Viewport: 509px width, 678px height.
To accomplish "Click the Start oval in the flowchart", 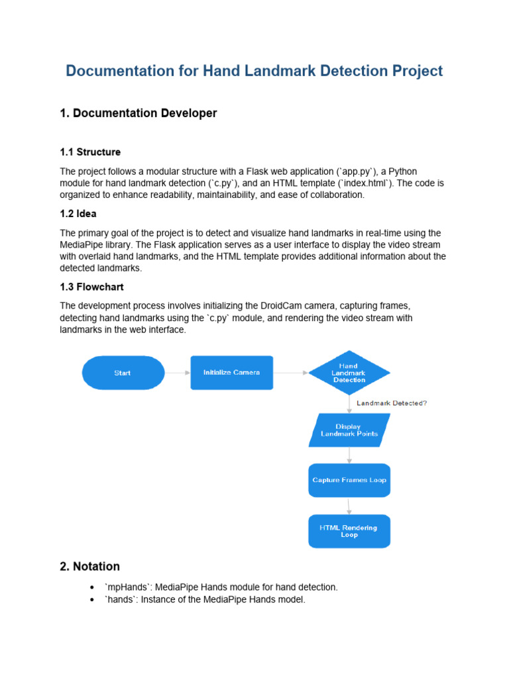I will click(123, 373).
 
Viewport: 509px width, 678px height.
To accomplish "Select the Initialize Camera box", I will click(231, 373).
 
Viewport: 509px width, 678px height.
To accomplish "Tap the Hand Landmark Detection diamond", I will click(349, 373).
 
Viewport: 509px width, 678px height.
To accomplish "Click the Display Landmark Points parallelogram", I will click(349, 430).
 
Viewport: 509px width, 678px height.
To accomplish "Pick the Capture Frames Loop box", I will click(349, 480).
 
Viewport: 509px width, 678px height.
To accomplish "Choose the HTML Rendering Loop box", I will click(349, 531).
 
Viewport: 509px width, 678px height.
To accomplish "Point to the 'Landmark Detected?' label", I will click(392, 403).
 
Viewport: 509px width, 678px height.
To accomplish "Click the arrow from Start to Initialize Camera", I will click(177, 373).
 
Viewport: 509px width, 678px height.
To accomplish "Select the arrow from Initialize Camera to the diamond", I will click(290, 373).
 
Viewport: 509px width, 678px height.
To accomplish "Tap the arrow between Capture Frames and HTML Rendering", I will click(349, 506).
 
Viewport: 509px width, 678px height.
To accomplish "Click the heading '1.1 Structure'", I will click(90, 152).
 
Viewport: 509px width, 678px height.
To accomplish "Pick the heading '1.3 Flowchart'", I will click(92, 287).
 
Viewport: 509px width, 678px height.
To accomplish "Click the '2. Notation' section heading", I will click(90, 566).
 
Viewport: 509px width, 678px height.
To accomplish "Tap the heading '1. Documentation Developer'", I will click(139, 113).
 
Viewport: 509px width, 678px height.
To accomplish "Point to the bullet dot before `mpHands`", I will click(91, 587).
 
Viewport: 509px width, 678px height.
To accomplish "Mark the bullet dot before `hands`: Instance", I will click(91, 600).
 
